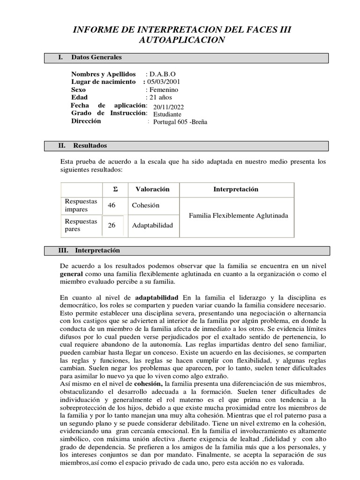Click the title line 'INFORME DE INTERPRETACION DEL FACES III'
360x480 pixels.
[x=182, y=30]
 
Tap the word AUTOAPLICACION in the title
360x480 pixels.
[x=182, y=40]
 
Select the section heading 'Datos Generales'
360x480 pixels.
[x=96, y=57]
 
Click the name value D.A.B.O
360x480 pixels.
[x=162, y=74]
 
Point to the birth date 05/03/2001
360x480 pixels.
[x=162, y=82]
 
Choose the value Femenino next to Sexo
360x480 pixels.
[x=162, y=90]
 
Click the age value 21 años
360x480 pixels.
[x=159, y=97]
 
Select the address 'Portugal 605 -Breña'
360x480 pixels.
[x=180, y=122]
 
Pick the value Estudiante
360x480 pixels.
[x=167, y=114]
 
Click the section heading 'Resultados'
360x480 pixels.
[x=90, y=146]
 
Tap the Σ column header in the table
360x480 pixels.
[x=115, y=189]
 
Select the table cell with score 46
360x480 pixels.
[x=112, y=205]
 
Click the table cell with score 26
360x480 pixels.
[x=112, y=225]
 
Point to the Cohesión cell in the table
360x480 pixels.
[x=146, y=205]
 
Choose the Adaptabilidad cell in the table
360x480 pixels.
[x=152, y=225]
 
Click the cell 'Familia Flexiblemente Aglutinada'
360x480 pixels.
[x=238, y=216]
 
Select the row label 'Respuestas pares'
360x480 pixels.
[x=81, y=225]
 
